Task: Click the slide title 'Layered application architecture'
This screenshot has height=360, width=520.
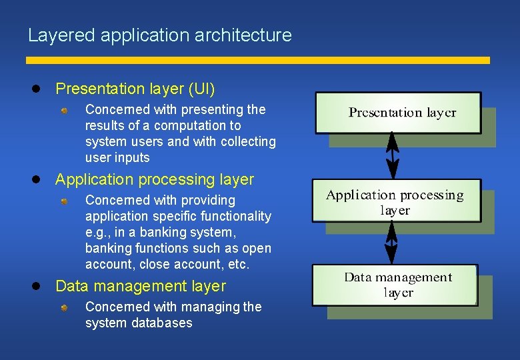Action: tap(160, 35)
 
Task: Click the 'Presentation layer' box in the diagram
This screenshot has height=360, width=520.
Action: tap(398, 113)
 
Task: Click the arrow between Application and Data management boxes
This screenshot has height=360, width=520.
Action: tap(391, 243)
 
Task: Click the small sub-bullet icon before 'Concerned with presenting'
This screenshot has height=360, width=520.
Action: tap(64, 110)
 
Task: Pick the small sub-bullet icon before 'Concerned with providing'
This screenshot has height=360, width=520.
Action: tap(64, 201)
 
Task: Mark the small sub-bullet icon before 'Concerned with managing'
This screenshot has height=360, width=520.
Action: tap(64, 307)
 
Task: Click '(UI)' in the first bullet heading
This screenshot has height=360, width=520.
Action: tap(201, 89)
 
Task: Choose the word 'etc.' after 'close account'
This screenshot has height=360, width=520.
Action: tap(237, 264)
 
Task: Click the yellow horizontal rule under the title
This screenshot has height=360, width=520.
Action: tap(258, 60)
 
